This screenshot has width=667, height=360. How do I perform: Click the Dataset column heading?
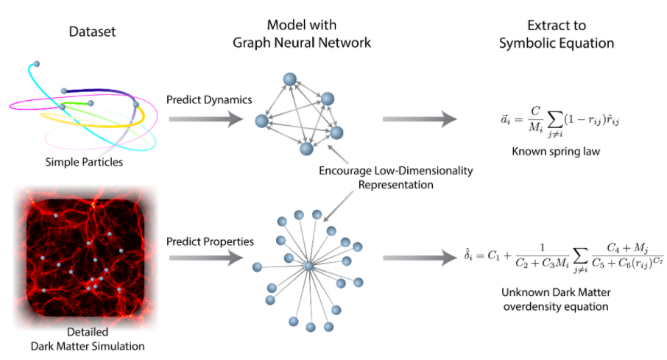pyautogui.click(x=92, y=32)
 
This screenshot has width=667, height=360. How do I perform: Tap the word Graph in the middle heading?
pyautogui.click(x=251, y=43)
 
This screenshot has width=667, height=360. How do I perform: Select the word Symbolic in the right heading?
pyautogui.click(x=523, y=43)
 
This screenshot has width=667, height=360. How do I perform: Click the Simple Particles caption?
pyautogui.click(x=84, y=162)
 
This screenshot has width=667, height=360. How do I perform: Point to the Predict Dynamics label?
pyautogui.click(x=209, y=100)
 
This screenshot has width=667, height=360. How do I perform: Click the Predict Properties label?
pyautogui.click(x=210, y=241)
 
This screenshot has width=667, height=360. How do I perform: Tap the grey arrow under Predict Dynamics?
pyautogui.click(x=206, y=119)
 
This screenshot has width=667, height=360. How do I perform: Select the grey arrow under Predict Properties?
pyautogui.click(x=206, y=258)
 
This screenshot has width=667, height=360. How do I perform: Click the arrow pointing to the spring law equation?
pyautogui.click(x=420, y=119)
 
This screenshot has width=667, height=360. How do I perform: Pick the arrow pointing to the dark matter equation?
pyautogui.click(x=420, y=258)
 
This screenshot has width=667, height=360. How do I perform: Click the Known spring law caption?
pyautogui.click(x=556, y=152)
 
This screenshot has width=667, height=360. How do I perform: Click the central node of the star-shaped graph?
pyautogui.click(x=308, y=266)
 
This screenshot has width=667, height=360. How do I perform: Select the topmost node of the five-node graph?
pyautogui.click(x=289, y=80)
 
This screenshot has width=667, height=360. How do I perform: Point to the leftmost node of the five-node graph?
pyautogui.click(x=261, y=121)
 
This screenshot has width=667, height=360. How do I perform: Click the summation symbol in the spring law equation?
pyautogui.click(x=554, y=119)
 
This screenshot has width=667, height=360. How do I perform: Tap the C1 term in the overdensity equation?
pyautogui.click(x=493, y=255)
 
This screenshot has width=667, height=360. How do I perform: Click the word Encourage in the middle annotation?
pyautogui.click(x=345, y=171)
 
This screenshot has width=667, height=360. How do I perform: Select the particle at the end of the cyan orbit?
pyautogui.click(x=37, y=64)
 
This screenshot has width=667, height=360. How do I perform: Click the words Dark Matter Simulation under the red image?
pyautogui.click(x=88, y=347)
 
